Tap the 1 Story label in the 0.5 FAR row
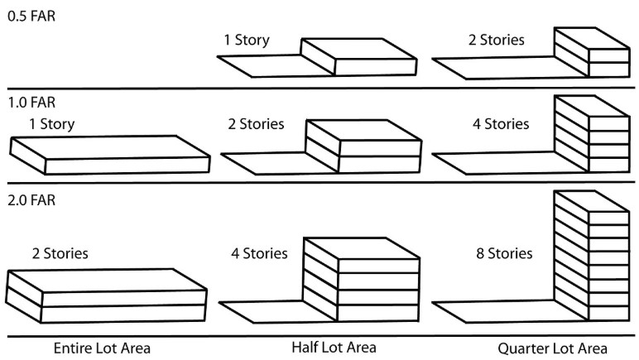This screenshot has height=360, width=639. (x=246, y=40)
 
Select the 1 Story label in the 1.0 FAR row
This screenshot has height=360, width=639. (x=51, y=124)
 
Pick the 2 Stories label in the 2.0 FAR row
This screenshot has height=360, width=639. (x=60, y=253)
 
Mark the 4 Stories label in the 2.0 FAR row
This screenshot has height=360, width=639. (x=259, y=253)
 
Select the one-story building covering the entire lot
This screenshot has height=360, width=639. (x=109, y=155)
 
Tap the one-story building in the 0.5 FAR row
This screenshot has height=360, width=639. (x=357, y=56)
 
